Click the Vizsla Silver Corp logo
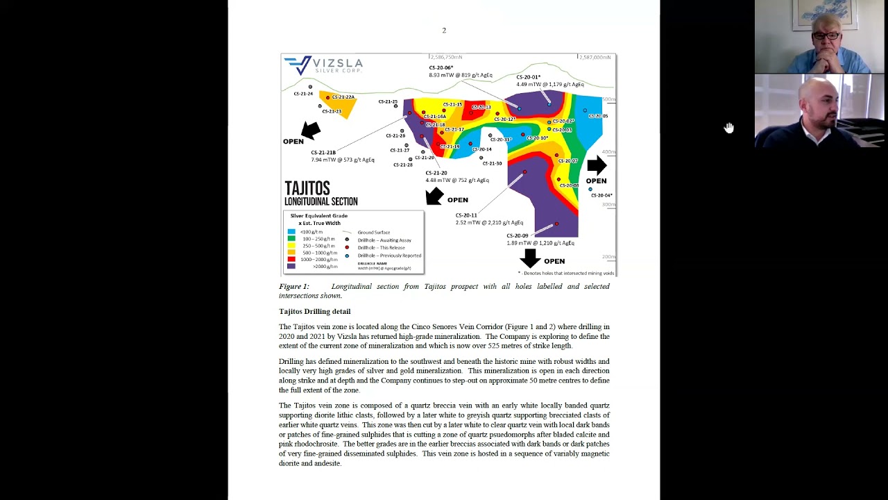point(323,65)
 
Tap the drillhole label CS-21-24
point(303,94)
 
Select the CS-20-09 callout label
point(518,235)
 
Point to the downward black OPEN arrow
point(530,258)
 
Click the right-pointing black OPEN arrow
point(597,165)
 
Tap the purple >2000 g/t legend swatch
point(291,266)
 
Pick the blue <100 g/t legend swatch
point(291,232)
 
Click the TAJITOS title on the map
point(307,188)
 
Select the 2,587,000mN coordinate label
point(595,57)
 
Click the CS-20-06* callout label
point(441,67)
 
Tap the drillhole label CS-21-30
point(492,163)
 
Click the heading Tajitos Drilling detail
point(314,311)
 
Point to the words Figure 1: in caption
point(294,286)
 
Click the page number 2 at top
point(444,31)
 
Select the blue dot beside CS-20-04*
point(590,189)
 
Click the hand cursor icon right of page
point(729,128)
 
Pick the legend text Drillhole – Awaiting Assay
point(384,240)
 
